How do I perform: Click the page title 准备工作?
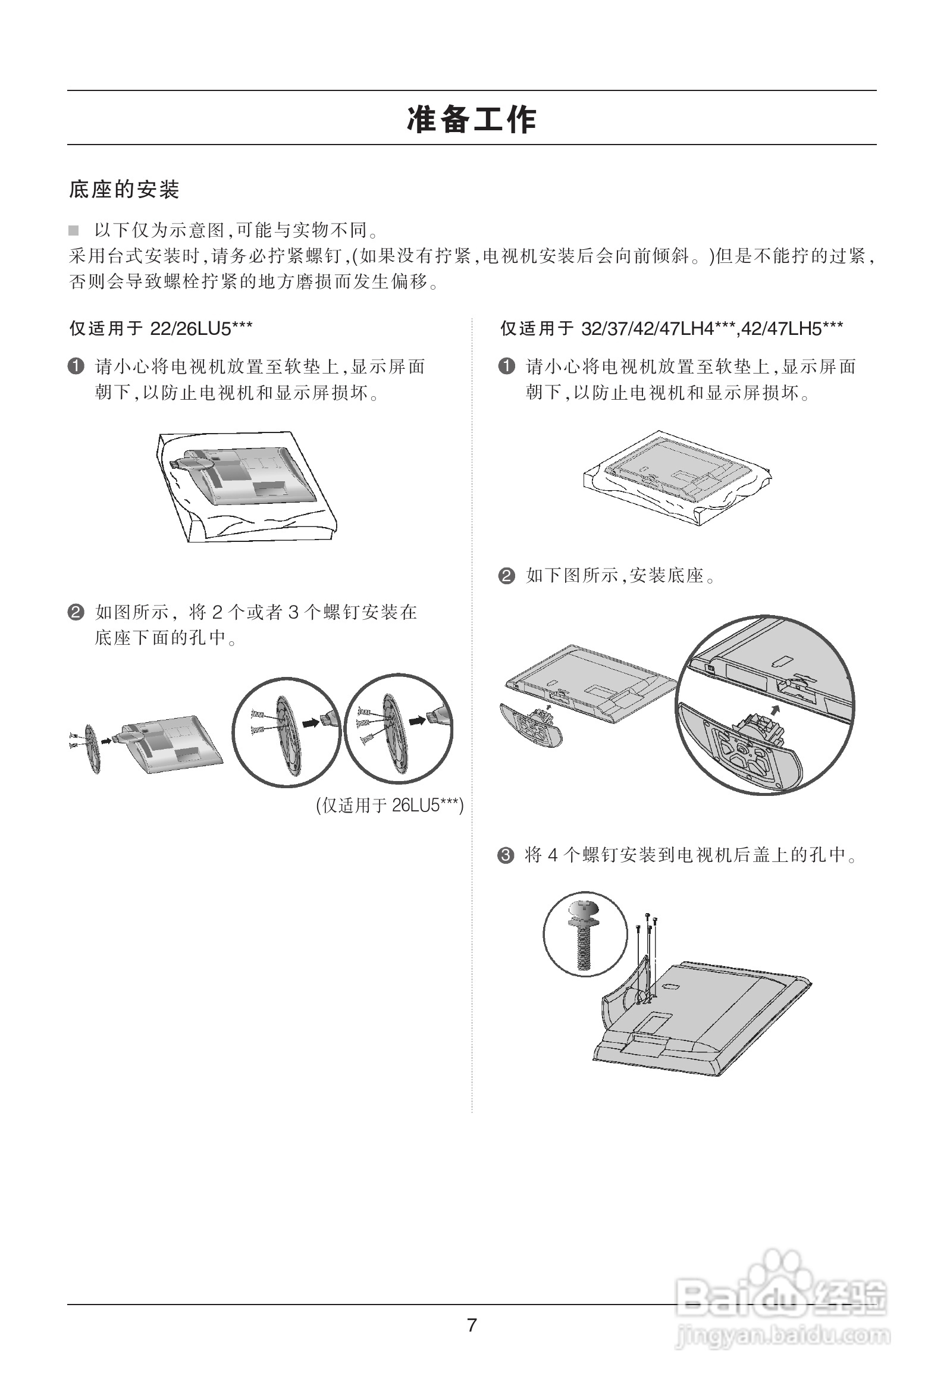[x=472, y=120]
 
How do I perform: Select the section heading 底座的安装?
[x=124, y=190]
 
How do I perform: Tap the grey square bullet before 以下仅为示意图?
[x=74, y=230]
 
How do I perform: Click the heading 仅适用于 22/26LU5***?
[x=160, y=328]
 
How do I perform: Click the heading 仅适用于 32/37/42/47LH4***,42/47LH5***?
[x=671, y=328]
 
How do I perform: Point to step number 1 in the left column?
[x=76, y=366]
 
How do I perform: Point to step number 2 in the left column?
[x=76, y=612]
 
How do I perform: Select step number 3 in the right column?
[x=506, y=855]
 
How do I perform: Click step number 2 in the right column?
[x=506, y=576]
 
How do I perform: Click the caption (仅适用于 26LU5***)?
[x=390, y=805]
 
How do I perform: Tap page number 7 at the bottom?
[x=472, y=1325]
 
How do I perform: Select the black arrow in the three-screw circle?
[x=417, y=720]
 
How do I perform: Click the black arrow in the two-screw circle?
[x=311, y=723]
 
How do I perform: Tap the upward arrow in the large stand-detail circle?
[x=776, y=710]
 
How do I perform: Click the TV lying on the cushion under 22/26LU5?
[x=247, y=478]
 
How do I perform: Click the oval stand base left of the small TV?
[x=92, y=749]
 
